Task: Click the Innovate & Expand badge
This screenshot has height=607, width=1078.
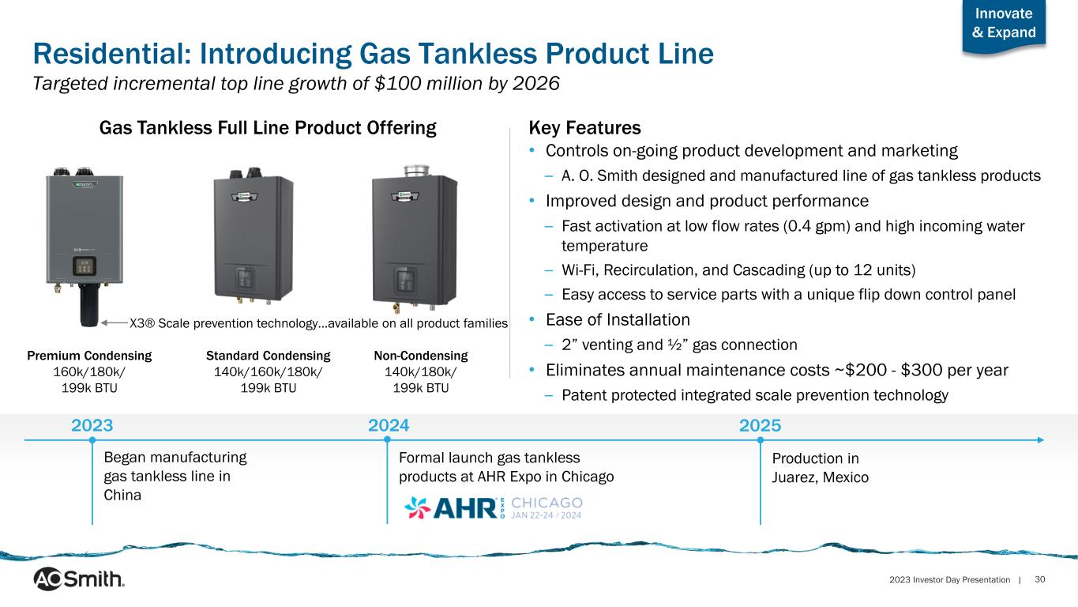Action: coord(1004,27)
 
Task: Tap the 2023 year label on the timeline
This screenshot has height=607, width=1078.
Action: coord(92,425)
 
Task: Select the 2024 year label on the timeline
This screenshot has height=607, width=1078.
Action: coord(389,425)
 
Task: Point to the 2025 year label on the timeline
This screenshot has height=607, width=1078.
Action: coord(760,425)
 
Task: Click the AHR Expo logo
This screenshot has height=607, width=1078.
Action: coord(494,508)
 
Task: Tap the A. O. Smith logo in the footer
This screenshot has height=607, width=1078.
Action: coord(79,579)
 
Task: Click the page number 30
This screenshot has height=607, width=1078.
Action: coord(1040,579)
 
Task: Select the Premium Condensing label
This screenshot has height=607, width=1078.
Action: coord(89,356)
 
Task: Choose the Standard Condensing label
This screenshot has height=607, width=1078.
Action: coord(268,356)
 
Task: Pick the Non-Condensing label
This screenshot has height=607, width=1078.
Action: coord(421,356)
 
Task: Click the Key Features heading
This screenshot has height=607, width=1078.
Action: coord(584,128)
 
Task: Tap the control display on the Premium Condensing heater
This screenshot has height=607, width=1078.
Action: coord(85,266)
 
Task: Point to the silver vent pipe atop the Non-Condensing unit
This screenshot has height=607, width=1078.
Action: coord(416,171)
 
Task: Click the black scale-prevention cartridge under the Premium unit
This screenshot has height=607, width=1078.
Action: coord(88,305)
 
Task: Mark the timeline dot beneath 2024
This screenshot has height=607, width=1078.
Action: coord(388,439)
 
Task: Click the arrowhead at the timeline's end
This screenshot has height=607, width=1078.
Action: coord(1040,439)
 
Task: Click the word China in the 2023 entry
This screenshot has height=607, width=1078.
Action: coord(122,496)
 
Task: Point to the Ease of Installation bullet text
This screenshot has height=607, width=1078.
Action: coord(618,320)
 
